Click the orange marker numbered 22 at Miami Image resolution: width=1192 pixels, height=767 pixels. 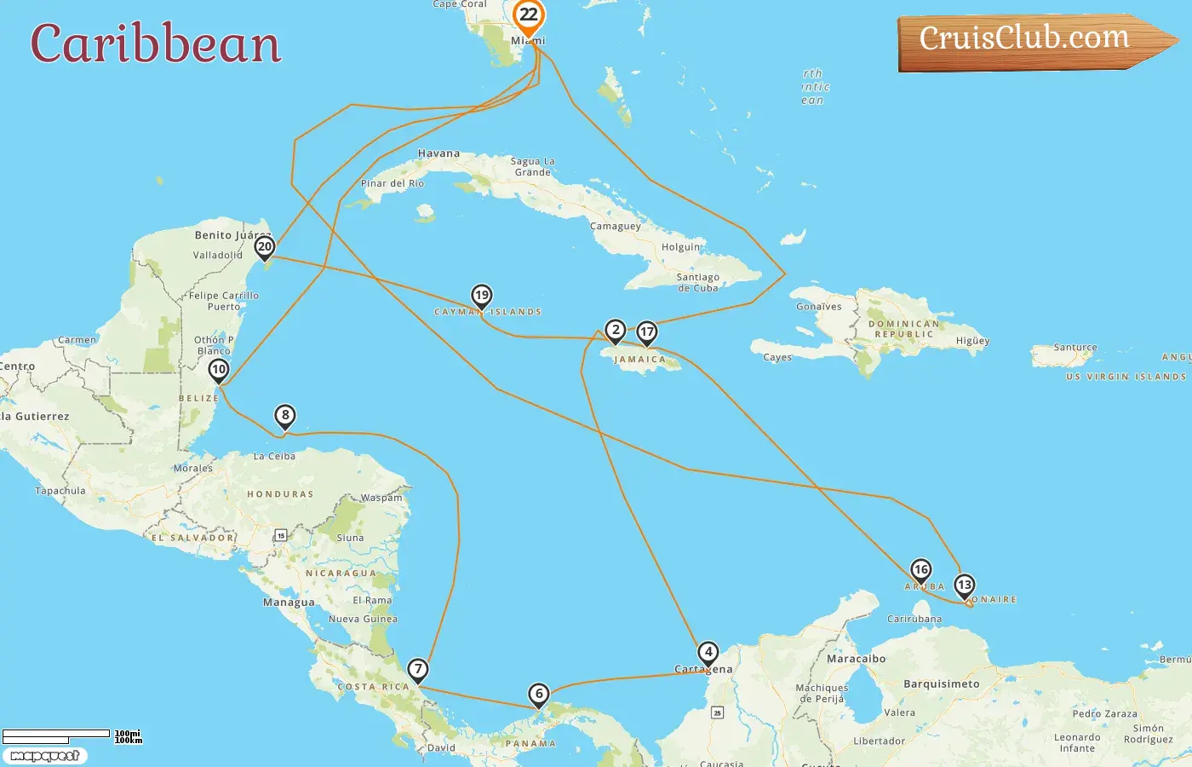tap(529, 15)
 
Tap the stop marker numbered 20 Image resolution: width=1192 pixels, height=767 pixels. tap(265, 247)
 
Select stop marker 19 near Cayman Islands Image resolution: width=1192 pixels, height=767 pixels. tap(482, 296)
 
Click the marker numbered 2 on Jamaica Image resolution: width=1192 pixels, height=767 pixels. tap(616, 330)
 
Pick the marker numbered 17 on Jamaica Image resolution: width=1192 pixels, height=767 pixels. tap(647, 332)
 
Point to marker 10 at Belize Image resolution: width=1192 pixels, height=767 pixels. tap(219, 370)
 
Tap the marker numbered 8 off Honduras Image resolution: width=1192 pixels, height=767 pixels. tap(285, 416)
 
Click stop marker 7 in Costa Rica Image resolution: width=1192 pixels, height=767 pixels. tap(417, 669)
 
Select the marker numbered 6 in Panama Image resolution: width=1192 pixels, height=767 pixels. tap(539, 694)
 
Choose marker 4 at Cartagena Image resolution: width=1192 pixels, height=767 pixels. tap(708, 653)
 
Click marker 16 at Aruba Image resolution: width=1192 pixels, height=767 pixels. tap(920, 569)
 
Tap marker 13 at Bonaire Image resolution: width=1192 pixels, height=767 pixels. tap(964, 585)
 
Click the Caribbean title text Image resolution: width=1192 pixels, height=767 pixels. tap(156, 44)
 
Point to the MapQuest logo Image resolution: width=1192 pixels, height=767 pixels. tap(44, 756)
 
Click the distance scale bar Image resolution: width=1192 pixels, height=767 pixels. tap(56, 735)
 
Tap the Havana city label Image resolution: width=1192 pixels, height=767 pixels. tap(438, 154)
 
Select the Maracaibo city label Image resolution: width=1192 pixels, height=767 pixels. tap(856, 659)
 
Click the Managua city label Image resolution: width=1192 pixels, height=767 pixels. tap(289, 603)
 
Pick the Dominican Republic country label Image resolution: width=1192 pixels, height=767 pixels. tap(903, 329)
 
